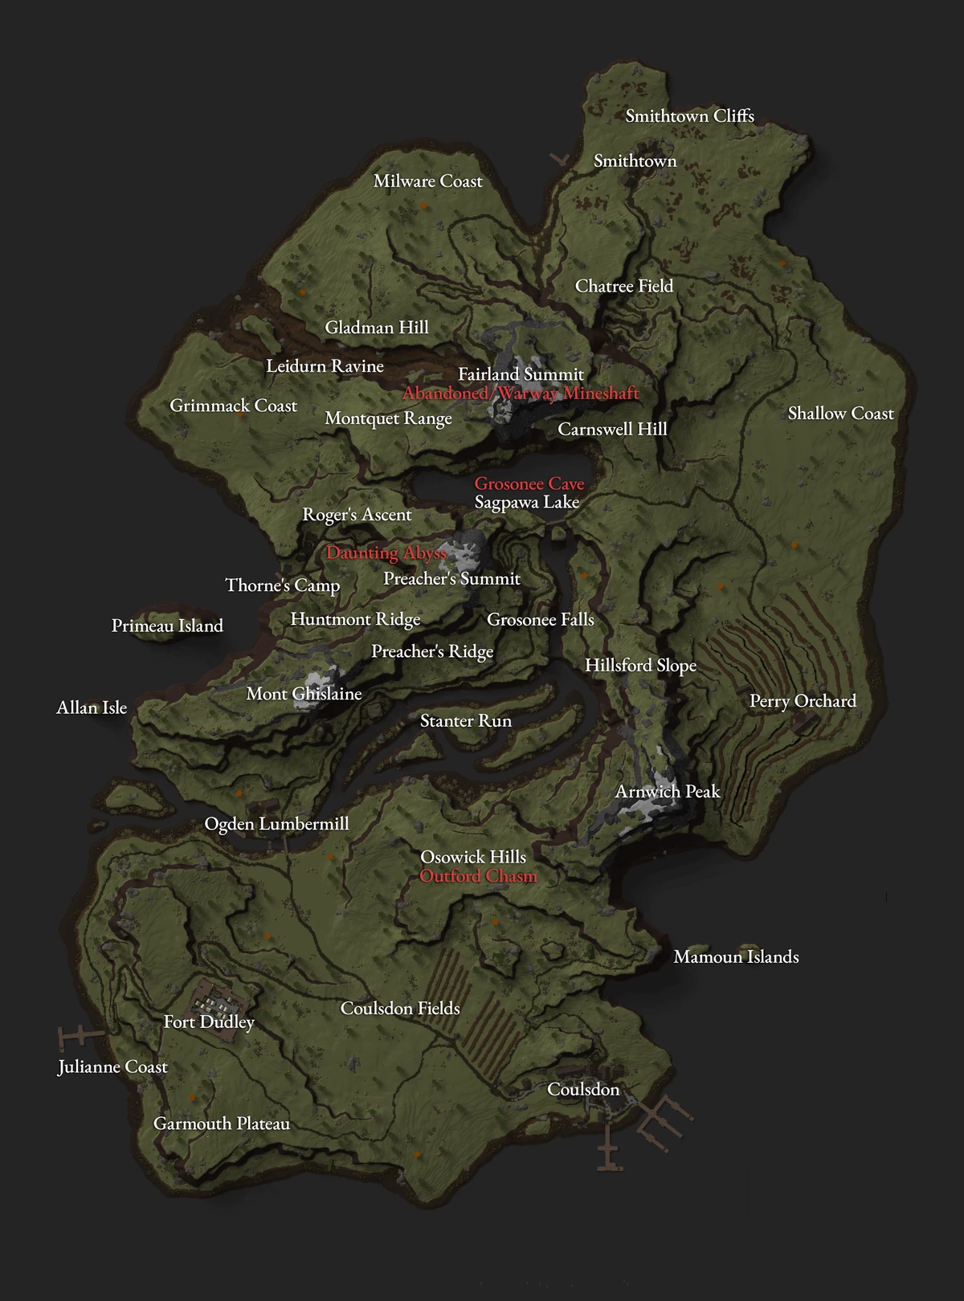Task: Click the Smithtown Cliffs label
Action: tap(689, 116)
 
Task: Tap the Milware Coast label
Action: tap(427, 181)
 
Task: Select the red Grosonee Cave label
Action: tap(529, 483)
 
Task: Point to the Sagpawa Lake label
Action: tap(526, 503)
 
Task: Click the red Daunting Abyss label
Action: tap(386, 553)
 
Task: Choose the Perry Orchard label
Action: tap(803, 701)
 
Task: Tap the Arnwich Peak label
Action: tap(668, 792)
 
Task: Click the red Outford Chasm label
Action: tap(478, 876)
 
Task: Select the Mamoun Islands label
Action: tap(736, 956)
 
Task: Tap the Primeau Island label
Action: tap(167, 626)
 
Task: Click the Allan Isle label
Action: tap(92, 708)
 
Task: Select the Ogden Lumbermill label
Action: tap(276, 824)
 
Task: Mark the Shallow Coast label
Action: tap(840, 414)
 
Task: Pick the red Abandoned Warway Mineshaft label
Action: tap(521, 394)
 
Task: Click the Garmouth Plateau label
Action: tap(222, 1124)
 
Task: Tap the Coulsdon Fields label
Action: tap(400, 1008)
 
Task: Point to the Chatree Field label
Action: tap(624, 286)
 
